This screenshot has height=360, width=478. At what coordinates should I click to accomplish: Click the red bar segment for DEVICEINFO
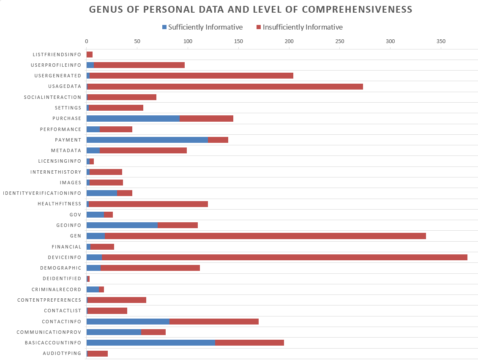point(284,257)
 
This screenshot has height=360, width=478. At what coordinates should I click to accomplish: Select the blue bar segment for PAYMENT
point(147,140)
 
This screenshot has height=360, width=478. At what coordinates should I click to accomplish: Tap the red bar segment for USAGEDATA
point(225,87)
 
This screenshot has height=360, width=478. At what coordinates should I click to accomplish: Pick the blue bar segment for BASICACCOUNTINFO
point(151,342)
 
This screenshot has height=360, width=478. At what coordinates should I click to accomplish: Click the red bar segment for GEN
point(265,236)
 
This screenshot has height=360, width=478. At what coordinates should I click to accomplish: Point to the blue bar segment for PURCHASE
point(133,118)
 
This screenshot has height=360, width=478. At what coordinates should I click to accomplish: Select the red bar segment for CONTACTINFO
point(214,321)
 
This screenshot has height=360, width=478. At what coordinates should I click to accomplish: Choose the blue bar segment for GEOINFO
point(122,225)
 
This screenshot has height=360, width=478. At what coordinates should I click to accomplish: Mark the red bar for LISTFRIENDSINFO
point(90,55)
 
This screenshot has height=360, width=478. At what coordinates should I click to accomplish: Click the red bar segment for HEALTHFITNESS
point(148,204)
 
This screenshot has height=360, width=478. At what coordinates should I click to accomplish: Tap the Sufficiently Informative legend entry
point(202,27)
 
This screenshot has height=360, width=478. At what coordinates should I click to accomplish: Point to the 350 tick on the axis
point(441,41)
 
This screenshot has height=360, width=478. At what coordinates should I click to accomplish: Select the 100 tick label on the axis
point(188,41)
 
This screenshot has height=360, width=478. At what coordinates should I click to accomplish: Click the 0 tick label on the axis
point(87,41)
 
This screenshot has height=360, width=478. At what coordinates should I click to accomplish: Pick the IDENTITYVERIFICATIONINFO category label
point(42,193)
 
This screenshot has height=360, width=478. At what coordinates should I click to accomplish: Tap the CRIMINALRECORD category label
point(56,289)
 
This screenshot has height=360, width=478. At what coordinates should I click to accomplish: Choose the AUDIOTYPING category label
point(62,353)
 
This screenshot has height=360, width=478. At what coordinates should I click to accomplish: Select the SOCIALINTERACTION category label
point(52,97)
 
